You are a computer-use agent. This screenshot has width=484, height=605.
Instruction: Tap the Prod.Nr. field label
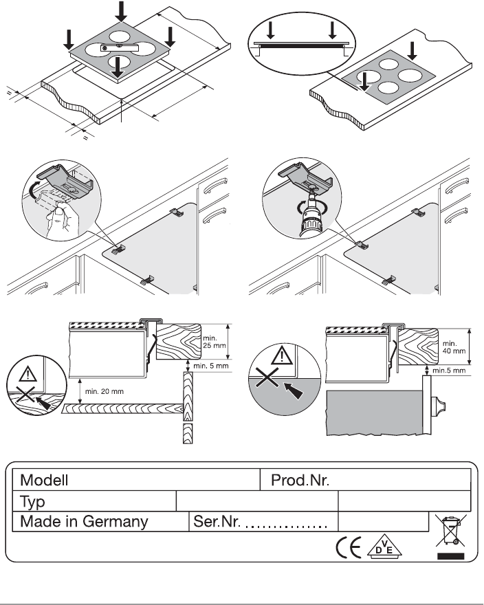coord(300,481)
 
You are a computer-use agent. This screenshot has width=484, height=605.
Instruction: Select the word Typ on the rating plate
coord(32,503)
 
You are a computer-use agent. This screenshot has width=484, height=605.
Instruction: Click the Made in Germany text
coord(84,522)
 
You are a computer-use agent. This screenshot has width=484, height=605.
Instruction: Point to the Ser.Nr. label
coord(217,522)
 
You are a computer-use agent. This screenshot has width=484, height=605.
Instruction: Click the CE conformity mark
coord(349,547)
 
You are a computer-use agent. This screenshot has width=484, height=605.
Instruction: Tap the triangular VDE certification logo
coord(384,547)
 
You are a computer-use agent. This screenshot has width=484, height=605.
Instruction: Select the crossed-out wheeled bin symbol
coord(451,531)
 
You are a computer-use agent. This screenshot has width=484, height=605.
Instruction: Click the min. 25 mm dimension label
coord(214,342)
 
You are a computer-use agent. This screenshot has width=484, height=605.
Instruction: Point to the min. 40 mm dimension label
coord(454,347)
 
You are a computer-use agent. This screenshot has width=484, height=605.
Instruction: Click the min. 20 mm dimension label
coord(104,392)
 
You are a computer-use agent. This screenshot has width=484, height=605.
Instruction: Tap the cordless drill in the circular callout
coord(311,214)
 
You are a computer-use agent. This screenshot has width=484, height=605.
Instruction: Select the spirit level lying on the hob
coord(120,47)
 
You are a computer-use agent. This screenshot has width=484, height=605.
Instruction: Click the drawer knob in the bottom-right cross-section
coord(438,406)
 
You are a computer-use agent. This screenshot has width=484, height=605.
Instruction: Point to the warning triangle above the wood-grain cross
coord(27,374)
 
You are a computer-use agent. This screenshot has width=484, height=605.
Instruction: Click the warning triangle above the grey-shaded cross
coord(282,355)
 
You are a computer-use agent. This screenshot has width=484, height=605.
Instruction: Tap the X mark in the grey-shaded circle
coord(267,377)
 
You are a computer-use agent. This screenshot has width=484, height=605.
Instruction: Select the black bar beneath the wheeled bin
coord(451,556)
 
